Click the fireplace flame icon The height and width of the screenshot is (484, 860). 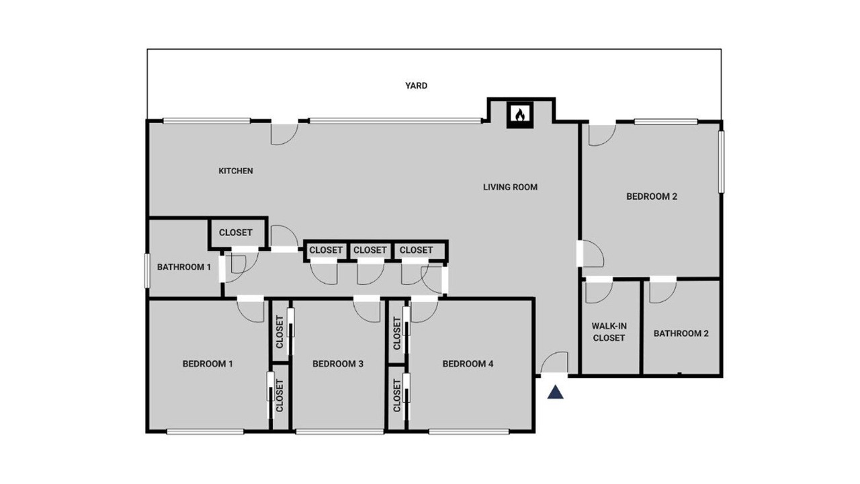click(x=520, y=115)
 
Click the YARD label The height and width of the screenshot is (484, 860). click(x=416, y=85)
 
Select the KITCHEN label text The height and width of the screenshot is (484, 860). click(x=236, y=171)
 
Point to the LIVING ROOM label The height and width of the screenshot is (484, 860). click(x=510, y=187)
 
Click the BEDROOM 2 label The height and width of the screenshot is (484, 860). click(x=652, y=197)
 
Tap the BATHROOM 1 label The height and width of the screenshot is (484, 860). click(x=184, y=267)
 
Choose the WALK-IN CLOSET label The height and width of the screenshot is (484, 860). click(x=609, y=332)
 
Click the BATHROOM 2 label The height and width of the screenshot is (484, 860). click(x=681, y=333)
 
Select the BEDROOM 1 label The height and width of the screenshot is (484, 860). click(x=208, y=364)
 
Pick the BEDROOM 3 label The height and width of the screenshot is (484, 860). click(x=338, y=364)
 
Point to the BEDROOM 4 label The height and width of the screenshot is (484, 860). click(x=468, y=364)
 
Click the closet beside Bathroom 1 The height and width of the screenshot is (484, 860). click(x=238, y=233)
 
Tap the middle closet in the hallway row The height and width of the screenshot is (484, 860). click(x=370, y=251)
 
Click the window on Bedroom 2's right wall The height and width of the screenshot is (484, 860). click(x=722, y=162)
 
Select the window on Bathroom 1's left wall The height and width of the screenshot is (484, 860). click(x=146, y=270)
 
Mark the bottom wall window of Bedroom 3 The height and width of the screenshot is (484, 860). click(x=340, y=432)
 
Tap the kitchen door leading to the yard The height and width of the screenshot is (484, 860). click(x=284, y=133)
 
